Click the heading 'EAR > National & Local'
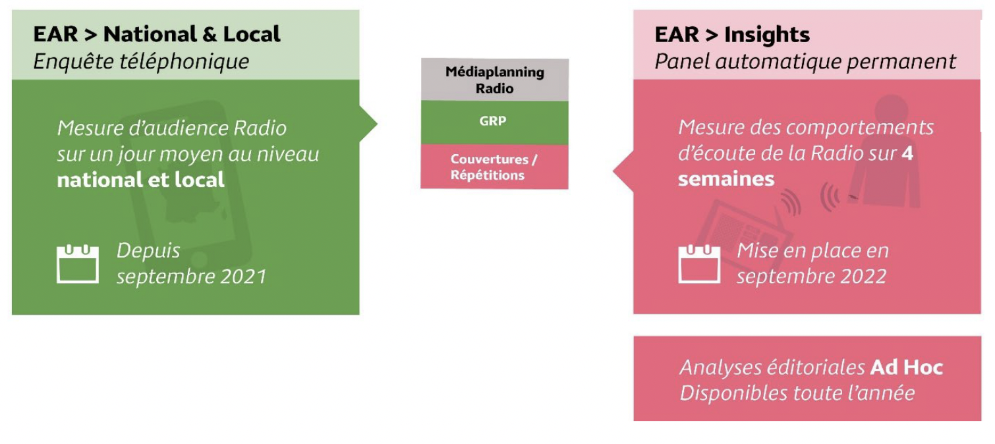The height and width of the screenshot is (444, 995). pos(157,34)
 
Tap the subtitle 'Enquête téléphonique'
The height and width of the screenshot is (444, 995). pos(141,61)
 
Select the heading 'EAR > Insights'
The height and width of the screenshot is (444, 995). pos(732,34)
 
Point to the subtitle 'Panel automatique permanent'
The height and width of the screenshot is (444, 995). pos(805,61)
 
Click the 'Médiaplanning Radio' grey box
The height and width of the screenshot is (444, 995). pos(494,80)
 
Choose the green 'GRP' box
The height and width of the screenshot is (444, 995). pos(494,122)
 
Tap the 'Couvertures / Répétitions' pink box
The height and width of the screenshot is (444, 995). pos(494,167)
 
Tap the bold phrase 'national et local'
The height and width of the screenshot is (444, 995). pos(141,180)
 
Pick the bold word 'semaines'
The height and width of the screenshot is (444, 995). pos(726,179)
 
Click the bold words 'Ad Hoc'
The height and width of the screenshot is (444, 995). pos(906,367)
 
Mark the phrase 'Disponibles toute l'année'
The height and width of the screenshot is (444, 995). pos(797,393)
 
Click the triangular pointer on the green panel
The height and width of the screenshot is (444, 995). pos(368,123)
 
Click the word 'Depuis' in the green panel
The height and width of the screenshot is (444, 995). pos(148,250)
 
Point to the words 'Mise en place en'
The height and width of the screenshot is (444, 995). pos(812,250)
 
